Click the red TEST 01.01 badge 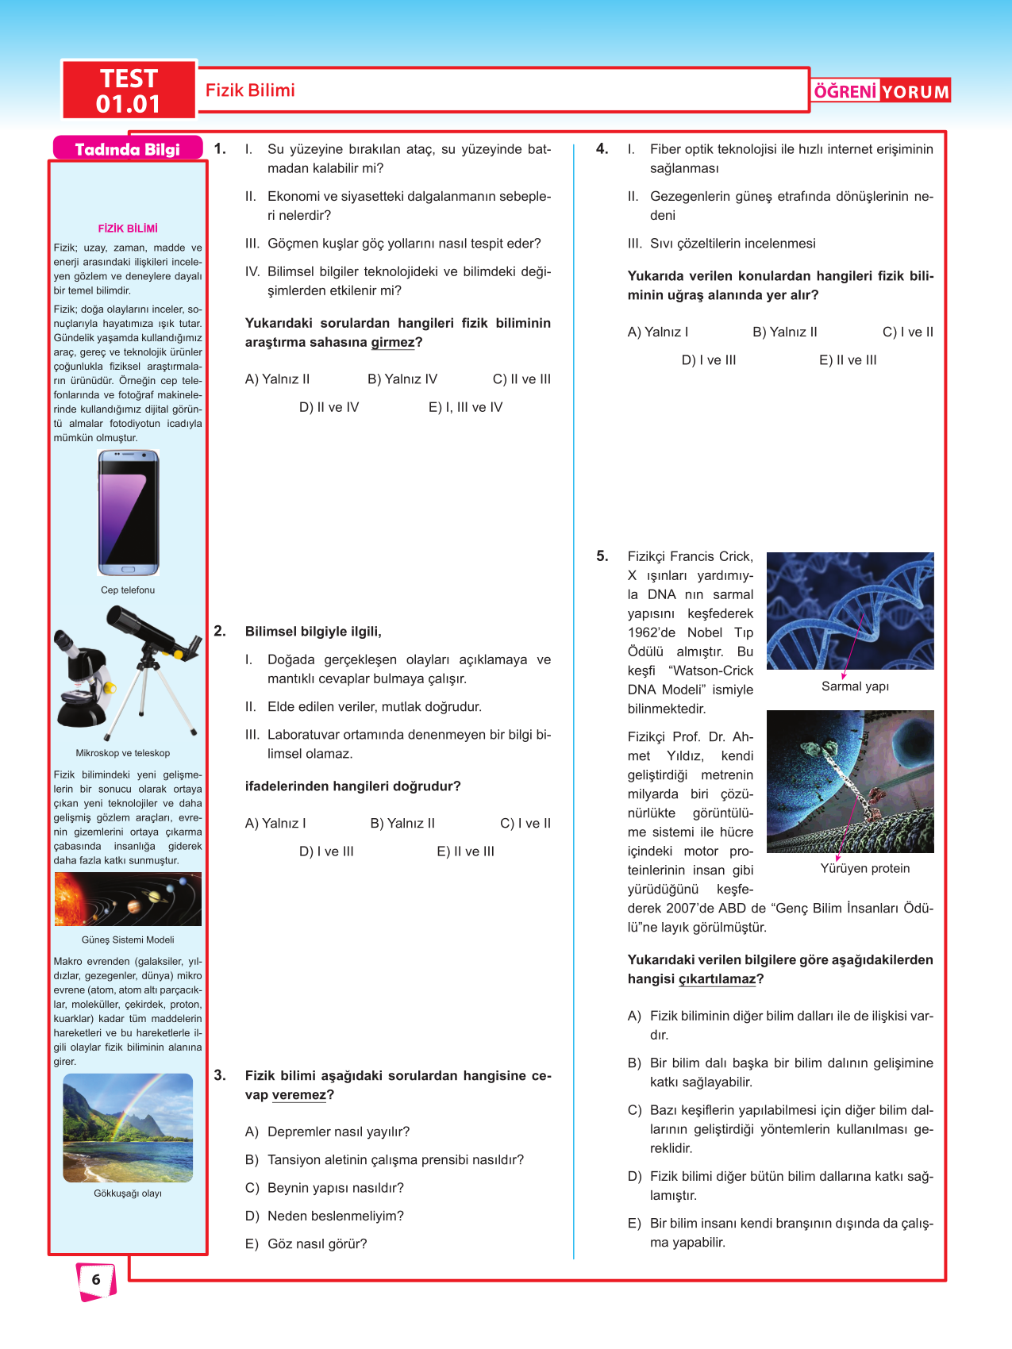pos(129,90)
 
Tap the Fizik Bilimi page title pos(250,90)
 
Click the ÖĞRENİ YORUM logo pos(881,91)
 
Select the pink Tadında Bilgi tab pos(127,149)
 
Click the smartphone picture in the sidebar pos(128,512)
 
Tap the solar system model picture pos(128,899)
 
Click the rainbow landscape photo pos(128,1127)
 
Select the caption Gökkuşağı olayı pos(128,1193)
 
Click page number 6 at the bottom pos(96,1279)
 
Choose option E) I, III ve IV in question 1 pos(465,407)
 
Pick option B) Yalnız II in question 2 pos(402,824)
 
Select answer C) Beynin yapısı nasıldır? pos(325,1188)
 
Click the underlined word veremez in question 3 pos(299,1095)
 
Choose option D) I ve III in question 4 pos(709,360)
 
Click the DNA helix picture pos(850,610)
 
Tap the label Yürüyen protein pos(865,868)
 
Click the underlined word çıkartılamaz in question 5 pos(718,979)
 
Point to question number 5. pos(602,556)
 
